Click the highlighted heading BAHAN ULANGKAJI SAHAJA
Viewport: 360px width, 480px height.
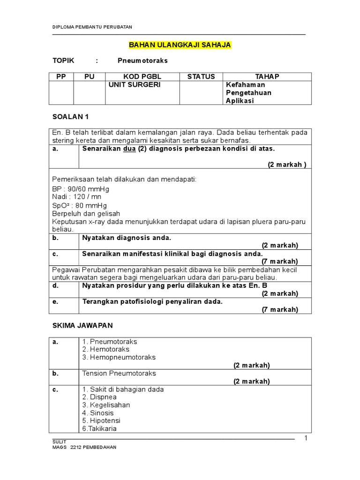[180, 45]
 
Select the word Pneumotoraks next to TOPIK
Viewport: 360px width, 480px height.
[142, 61]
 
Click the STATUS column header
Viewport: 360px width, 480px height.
[201, 77]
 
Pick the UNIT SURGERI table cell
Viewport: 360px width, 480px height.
[128, 85]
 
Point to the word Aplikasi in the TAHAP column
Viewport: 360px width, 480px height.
[240, 101]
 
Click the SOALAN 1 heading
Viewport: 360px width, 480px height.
[70, 116]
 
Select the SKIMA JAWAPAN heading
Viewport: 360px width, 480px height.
[82, 325]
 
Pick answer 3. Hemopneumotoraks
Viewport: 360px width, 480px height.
[119, 357]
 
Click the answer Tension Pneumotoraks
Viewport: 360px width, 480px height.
[119, 374]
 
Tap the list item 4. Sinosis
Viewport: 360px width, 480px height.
[98, 413]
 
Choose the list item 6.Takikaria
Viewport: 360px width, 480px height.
[99, 428]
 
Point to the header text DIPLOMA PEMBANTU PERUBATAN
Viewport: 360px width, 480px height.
[92, 27]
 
